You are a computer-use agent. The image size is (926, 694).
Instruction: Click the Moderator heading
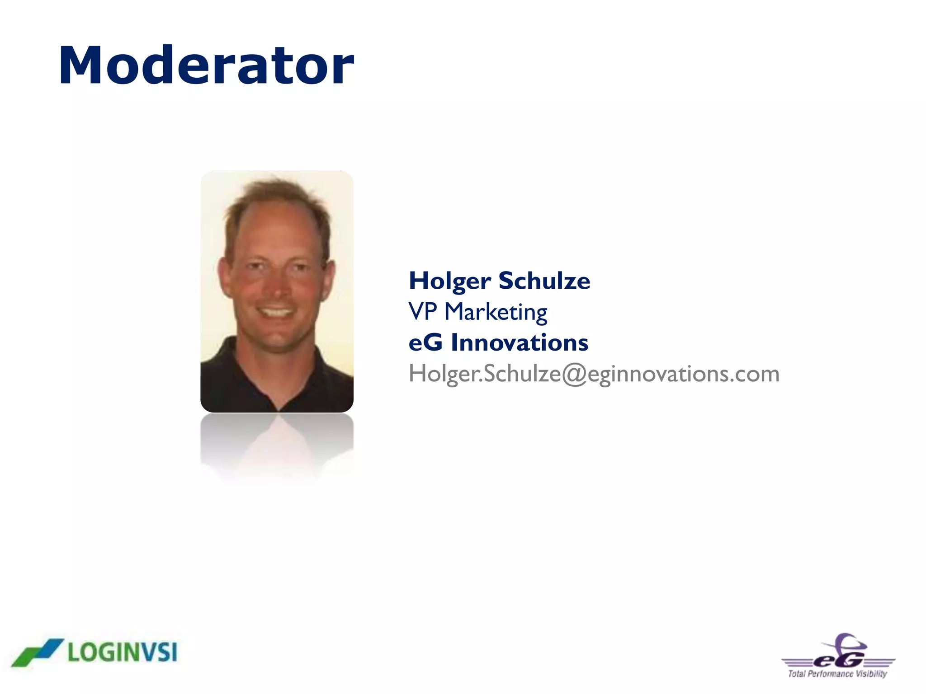[x=206, y=66]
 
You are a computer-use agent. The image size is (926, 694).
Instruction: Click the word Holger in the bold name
[x=449, y=281]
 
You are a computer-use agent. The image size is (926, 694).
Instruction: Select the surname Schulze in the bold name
[x=544, y=281]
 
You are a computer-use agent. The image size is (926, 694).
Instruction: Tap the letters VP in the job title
[x=422, y=311]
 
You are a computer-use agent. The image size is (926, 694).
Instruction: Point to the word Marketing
[x=496, y=312]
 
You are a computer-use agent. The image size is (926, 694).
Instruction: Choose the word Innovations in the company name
[x=520, y=342]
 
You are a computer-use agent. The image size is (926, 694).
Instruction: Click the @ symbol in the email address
[x=574, y=374]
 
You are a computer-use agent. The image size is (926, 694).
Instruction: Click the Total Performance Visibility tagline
[x=837, y=674]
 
